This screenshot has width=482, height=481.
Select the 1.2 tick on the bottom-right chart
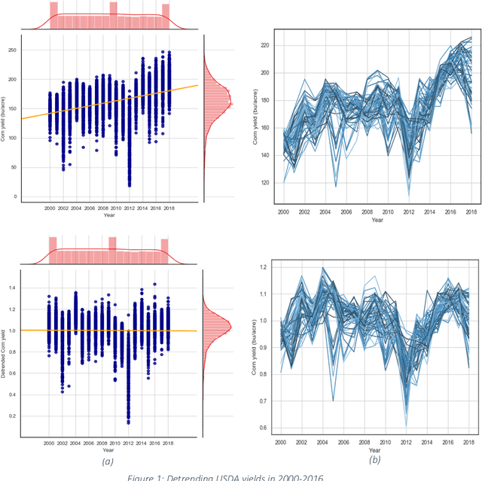click(x=261, y=266)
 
